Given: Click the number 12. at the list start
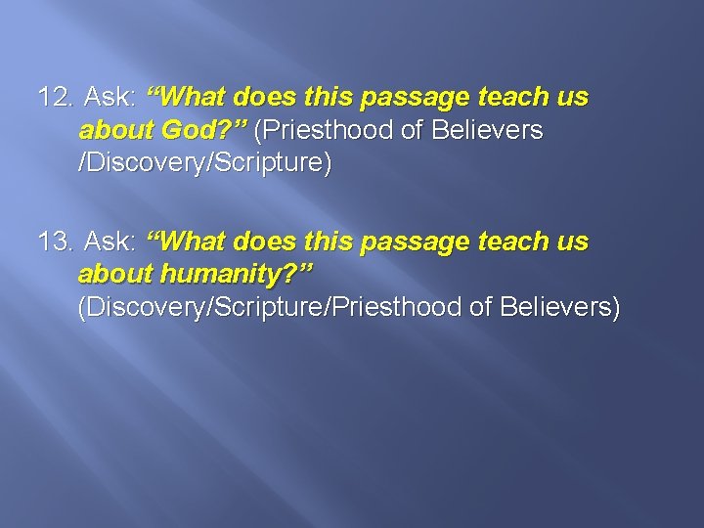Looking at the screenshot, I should pyautogui.click(x=56, y=98).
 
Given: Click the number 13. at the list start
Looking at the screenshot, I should pyautogui.click(x=56, y=242).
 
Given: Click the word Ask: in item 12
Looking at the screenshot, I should pyautogui.click(x=111, y=98).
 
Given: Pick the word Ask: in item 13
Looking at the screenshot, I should pyautogui.click(x=111, y=242).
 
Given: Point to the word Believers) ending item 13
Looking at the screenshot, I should pyautogui.click(x=559, y=307).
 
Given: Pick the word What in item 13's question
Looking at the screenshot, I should pyautogui.click(x=193, y=242).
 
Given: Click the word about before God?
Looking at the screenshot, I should pyautogui.click(x=112, y=130).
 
